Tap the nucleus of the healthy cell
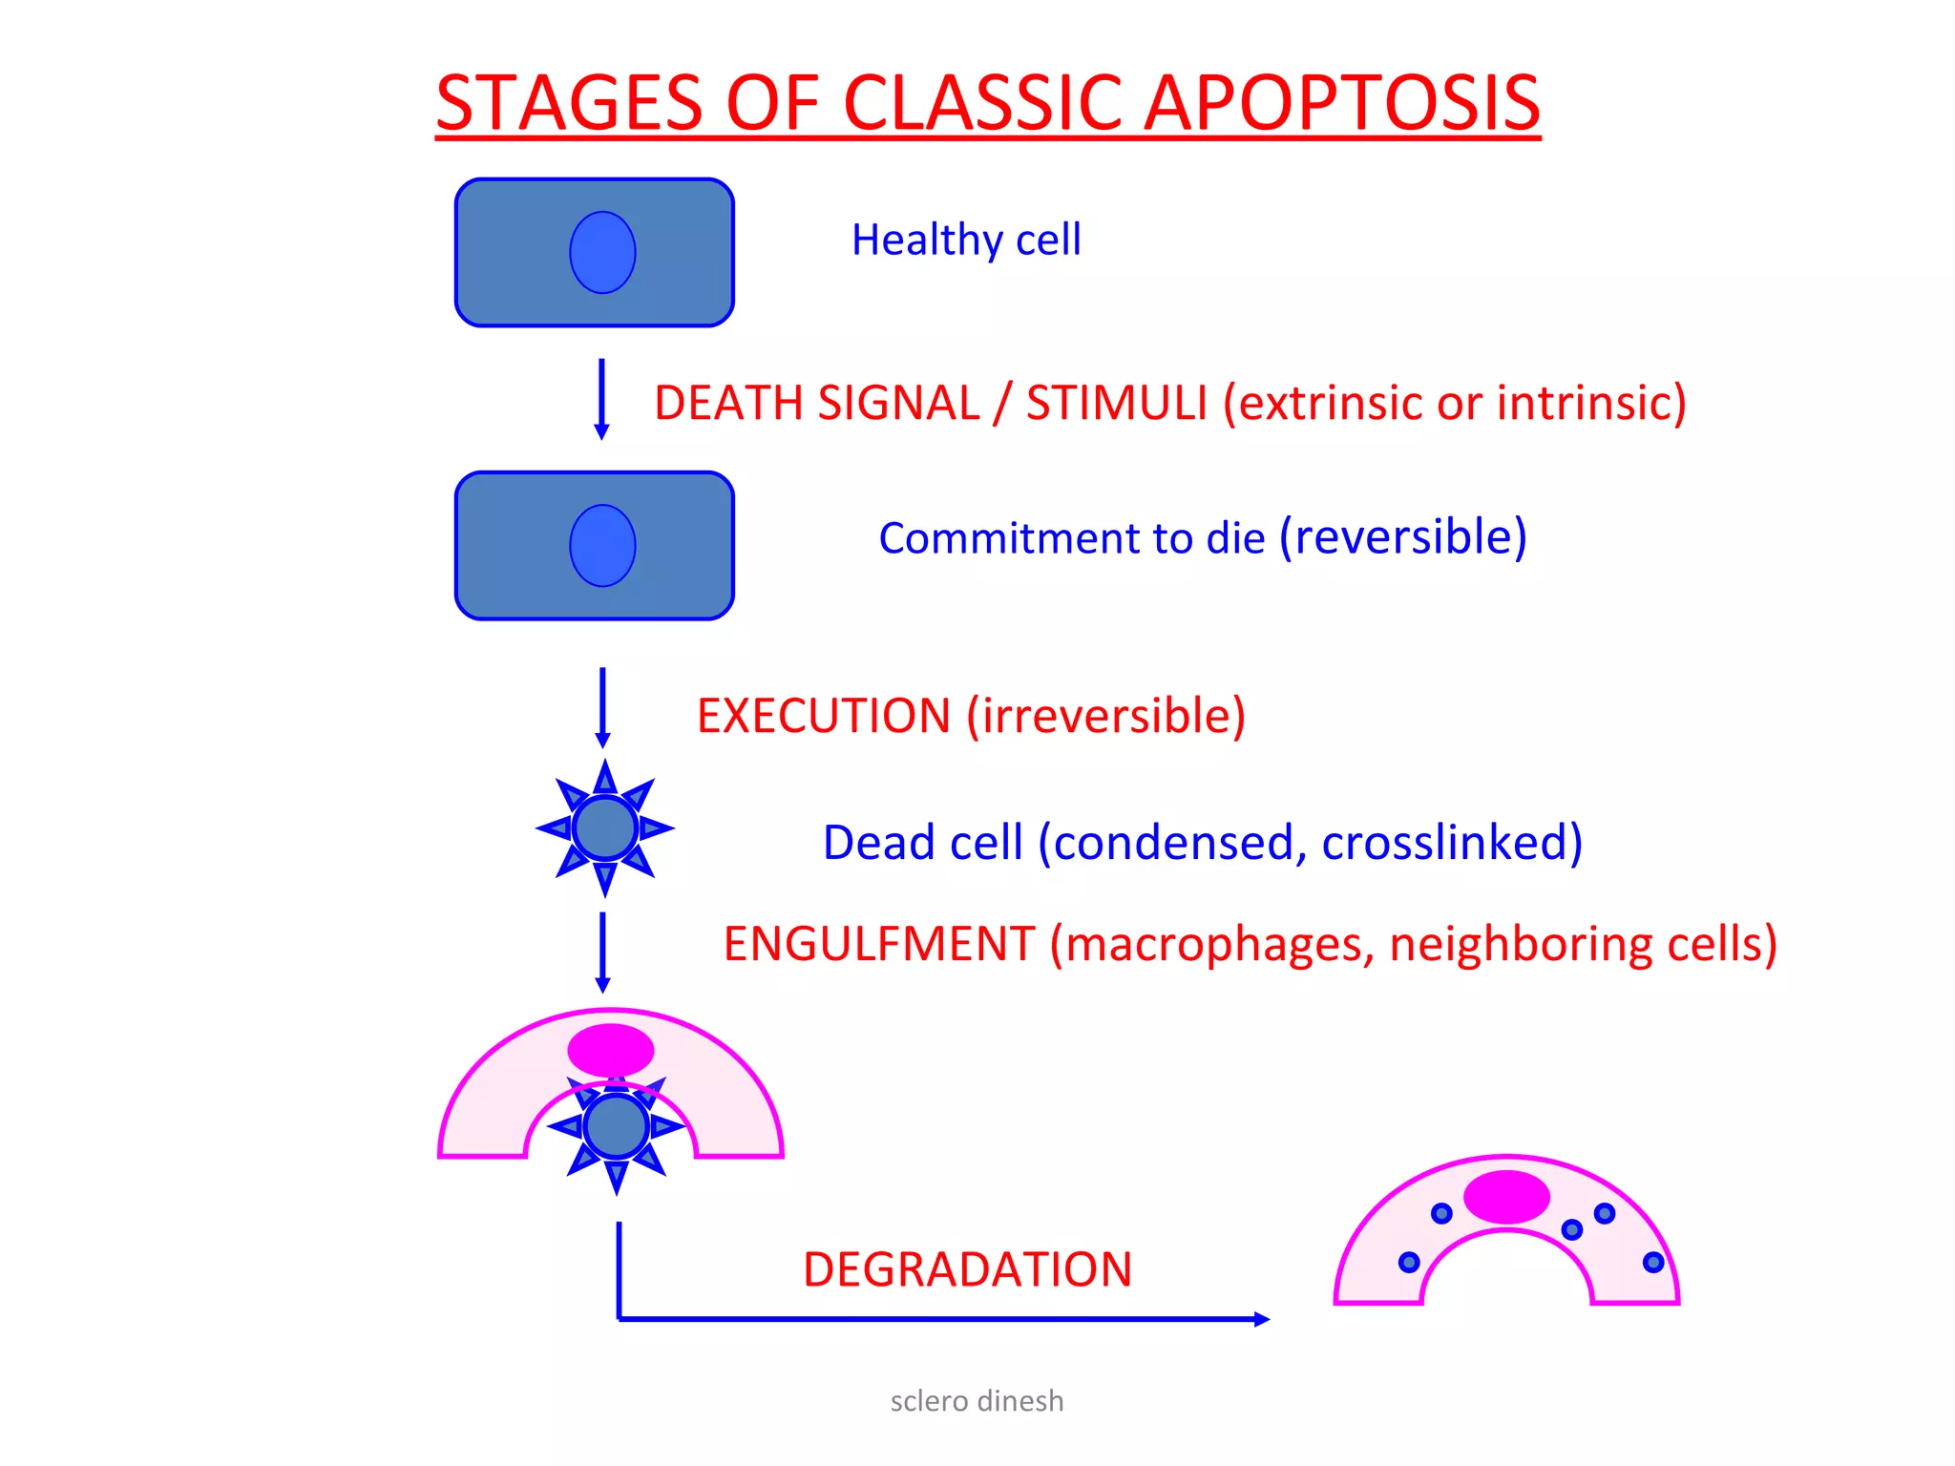pos(602,252)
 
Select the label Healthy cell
pos(966,240)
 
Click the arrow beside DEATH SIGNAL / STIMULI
pos(601,399)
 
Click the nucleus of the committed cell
pos(602,545)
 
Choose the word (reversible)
pos(1402,536)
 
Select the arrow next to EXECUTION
pos(602,707)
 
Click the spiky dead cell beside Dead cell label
pos(605,828)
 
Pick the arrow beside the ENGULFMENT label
pos(602,953)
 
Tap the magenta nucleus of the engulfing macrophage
pos(611,1050)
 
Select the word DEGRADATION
pos(967,1269)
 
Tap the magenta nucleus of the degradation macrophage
pos(1506,1197)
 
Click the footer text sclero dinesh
pos(977,1401)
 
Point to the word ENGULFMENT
pos(878,944)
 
